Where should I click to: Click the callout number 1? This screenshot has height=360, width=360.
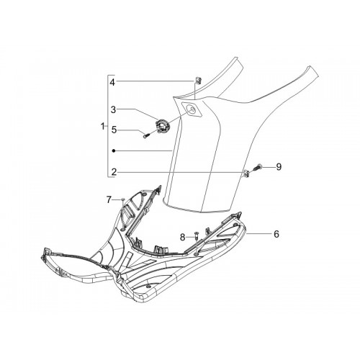pyautogui.click(x=103, y=126)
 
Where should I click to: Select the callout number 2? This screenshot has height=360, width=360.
pyautogui.click(x=114, y=172)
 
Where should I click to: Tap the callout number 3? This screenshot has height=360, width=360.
pyautogui.click(x=113, y=109)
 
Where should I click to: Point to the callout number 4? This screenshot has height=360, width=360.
pyautogui.click(x=112, y=82)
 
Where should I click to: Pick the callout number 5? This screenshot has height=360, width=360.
pyautogui.click(x=114, y=130)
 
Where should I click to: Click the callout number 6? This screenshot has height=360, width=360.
pyautogui.click(x=276, y=233)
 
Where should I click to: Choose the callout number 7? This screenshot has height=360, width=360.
pyautogui.click(x=109, y=199)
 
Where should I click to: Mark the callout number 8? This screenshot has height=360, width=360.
pyautogui.click(x=183, y=238)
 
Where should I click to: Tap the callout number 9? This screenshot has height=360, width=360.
pyautogui.click(x=279, y=166)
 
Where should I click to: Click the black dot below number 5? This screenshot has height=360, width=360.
pyautogui.click(x=114, y=150)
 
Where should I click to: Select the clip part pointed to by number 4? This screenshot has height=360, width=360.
pyautogui.click(x=198, y=80)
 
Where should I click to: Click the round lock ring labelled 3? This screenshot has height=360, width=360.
pyautogui.click(x=162, y=125)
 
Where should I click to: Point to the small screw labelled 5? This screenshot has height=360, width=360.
pyautogui.click(x=145, y=136)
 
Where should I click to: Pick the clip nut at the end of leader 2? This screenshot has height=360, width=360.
pyautogui.click(x=246, y=173)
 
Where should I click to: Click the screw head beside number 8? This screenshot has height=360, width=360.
pyautogui.click(x=196, y=234)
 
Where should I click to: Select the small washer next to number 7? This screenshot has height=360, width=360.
pyautogui.click(x=123, y=199)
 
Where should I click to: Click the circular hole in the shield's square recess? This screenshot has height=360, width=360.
pyautogui.click(x=192, y=109)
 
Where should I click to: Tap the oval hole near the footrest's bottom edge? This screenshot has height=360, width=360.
pyautogui.click(x=148, y=287)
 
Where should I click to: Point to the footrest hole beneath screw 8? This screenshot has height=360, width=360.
pyautogui.click(x=196, y=253)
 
